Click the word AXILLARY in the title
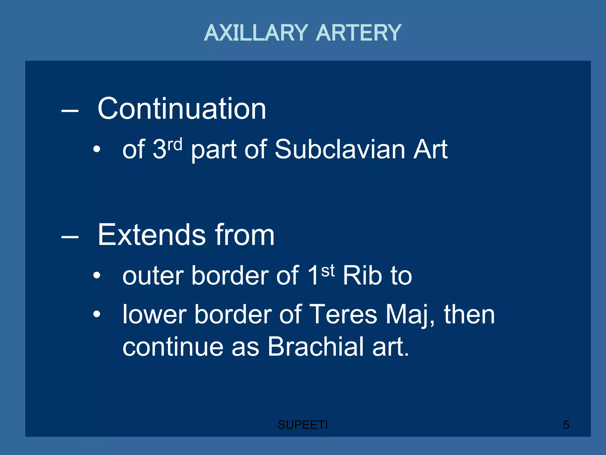(256, 33)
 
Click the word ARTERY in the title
(359, 33)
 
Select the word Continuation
(182, 109)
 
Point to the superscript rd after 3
(175, 145)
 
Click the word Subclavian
(340, 149)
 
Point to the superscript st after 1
(328, 271)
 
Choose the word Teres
(343, 315)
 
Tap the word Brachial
(316, 347)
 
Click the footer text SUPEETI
(302, 425)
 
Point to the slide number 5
(566, 425)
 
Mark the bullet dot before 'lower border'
(96, 314)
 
